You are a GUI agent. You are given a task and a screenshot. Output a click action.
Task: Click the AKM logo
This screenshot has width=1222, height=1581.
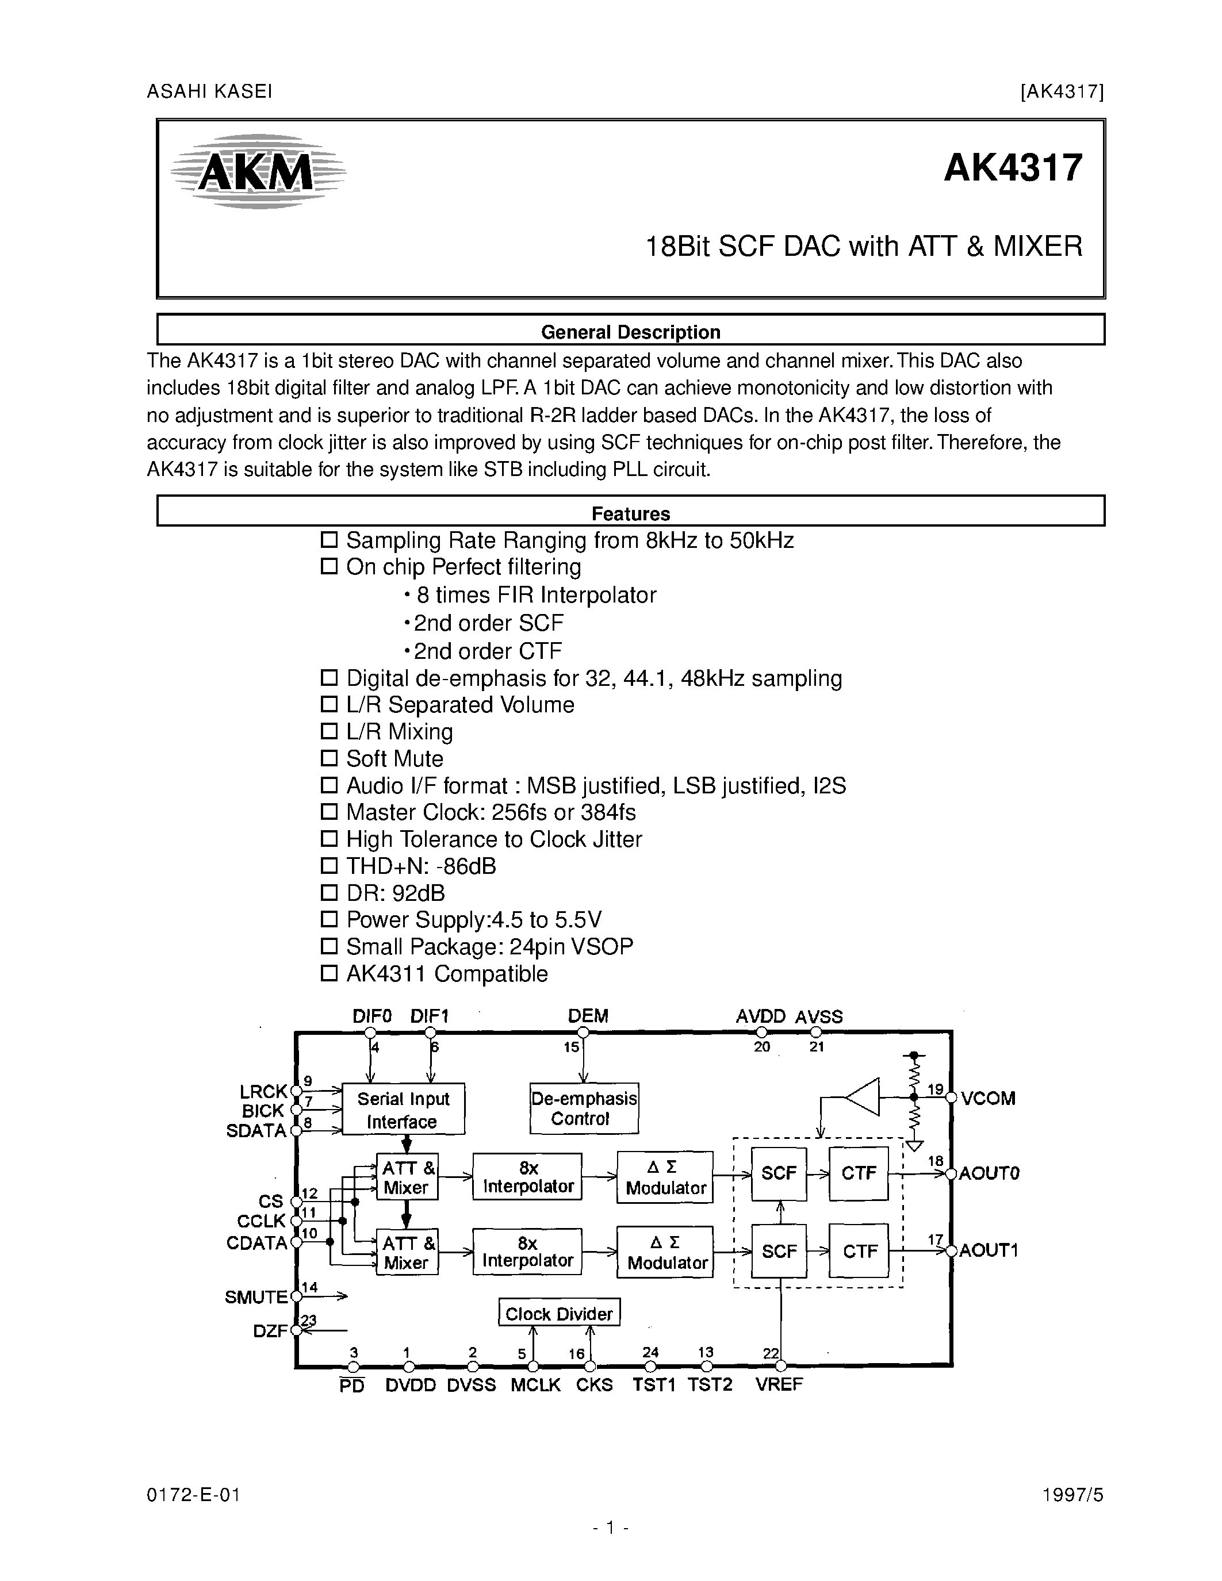[x=258, y=172]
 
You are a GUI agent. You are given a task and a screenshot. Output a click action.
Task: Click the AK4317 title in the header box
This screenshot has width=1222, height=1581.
[x=1013, y=168]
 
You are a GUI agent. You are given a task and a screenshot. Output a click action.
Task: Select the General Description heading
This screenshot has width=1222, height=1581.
[x=630, y=332]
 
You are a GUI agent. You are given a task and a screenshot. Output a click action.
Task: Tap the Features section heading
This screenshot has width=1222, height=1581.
[x=630, y=513]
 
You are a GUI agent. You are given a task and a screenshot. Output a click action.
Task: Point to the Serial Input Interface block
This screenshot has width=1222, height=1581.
[x=403, y=1109]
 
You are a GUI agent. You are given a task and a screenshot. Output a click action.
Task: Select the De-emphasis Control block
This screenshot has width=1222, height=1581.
[x=584, y=1108]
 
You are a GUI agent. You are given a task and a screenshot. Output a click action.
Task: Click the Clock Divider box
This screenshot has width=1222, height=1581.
[x=559, y=1313]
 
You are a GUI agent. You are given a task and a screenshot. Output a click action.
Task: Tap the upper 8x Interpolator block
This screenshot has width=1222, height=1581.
[x=527, y=1176]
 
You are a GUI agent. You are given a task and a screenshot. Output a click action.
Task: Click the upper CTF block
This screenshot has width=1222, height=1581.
[x=859, y=1173]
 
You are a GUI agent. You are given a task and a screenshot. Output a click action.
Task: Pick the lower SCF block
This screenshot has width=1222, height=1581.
[x=779, y=1251]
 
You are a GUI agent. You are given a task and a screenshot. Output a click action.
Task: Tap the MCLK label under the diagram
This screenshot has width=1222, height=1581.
[x=536, y=1384]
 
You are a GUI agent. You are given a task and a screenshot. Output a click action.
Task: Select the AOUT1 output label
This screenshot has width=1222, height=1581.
[x=989, y=1250]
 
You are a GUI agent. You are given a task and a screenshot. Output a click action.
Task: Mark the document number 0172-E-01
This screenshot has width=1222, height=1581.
[x=193, y=1495]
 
